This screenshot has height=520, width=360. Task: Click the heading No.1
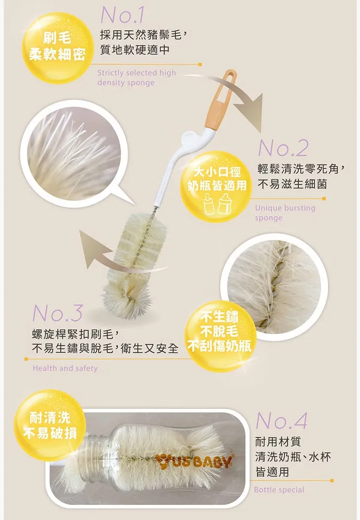[122, 15]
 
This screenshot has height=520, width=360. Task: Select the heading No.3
[57, 313]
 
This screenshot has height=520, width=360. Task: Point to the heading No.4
[281, 421]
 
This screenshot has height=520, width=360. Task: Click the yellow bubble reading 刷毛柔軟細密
[56, 48]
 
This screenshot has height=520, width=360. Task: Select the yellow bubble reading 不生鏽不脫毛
[220, 336]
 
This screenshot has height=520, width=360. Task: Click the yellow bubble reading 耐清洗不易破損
[50, 425]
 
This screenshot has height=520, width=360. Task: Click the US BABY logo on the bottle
[194, 462]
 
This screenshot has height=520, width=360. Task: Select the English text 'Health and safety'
[65, 368]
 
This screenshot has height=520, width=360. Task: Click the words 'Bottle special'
[279, 490]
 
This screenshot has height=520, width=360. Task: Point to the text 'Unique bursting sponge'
[285, 212]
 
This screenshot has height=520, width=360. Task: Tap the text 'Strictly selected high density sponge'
[136, 78]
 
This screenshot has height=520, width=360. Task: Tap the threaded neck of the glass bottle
[96, 458]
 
